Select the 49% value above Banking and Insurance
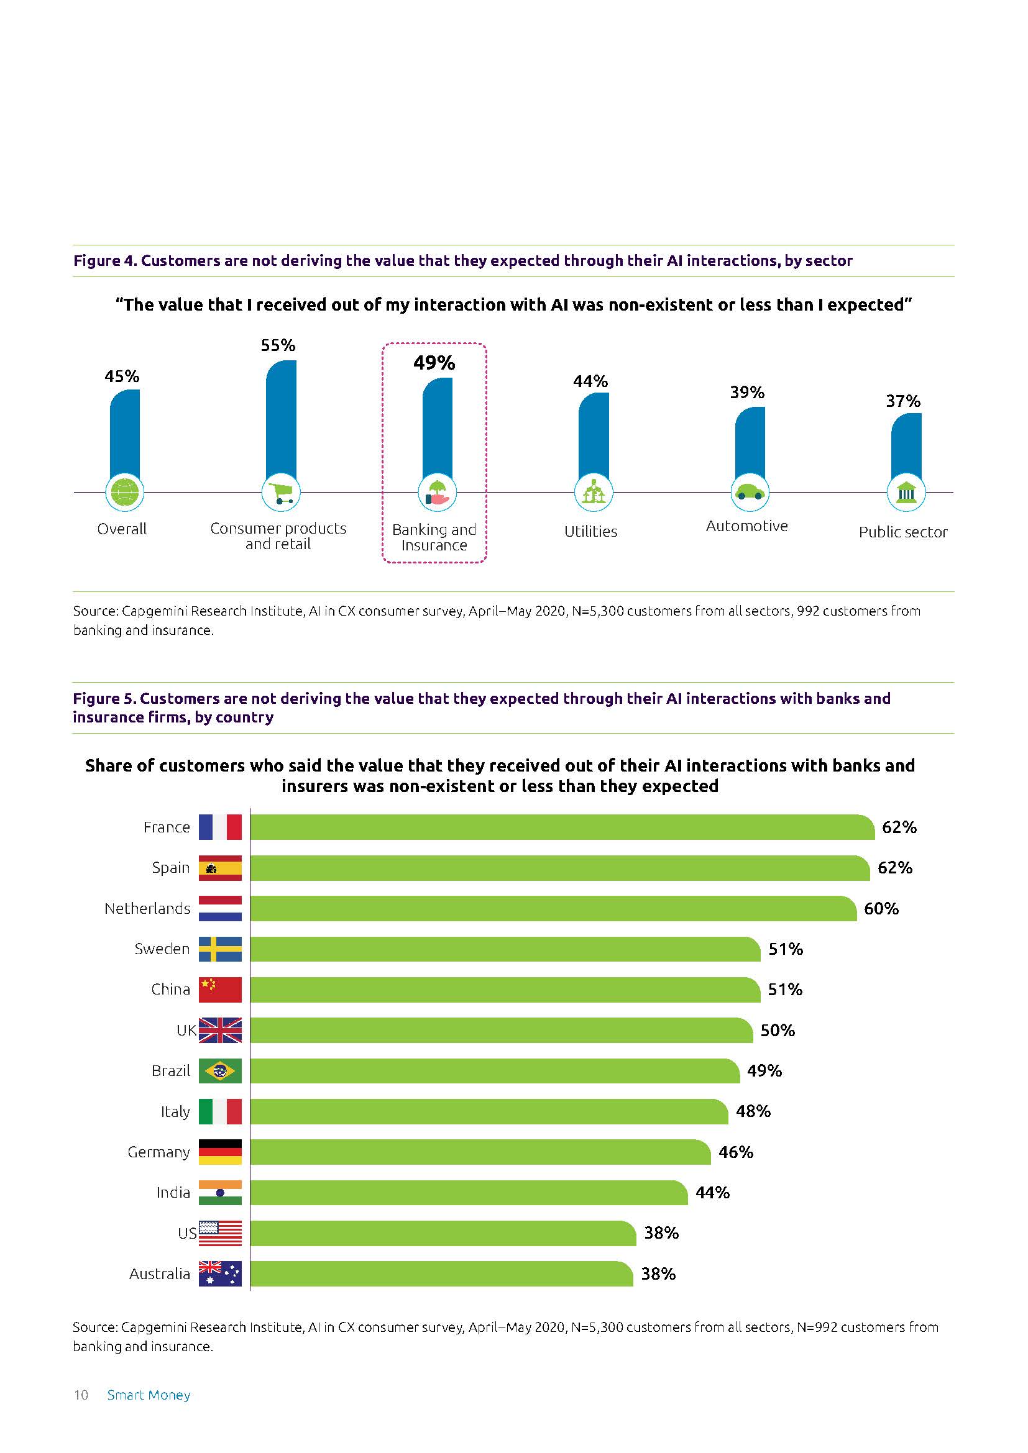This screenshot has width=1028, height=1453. pyautogui.click(x=434, y=363)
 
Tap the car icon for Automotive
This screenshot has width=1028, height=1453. pyautogui.click(x=750, y=492)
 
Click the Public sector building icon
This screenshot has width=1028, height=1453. pyautogui.click(x=906, y=492)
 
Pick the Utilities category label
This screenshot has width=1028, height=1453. pyautogui.click(x=590, y=532)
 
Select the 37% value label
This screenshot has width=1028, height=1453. pyautogui.click(x=902, y=401)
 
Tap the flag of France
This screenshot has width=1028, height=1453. pyautogui.click(x=219, y=827)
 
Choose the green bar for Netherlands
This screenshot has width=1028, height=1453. pyautogui.click(x=554, y=908)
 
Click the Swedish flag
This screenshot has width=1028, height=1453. pyautogui.click(x=219, y=949)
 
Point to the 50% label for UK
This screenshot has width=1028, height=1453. pyautogui.click(x=778, y=1030)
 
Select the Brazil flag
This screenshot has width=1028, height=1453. pyautogui.click(x=219, y=1071)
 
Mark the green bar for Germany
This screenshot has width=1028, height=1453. pyautogui.click(x=481, y=1152)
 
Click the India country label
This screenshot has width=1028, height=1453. pyautogui.click(x=173, y=1192)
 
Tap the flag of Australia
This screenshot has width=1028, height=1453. pyautogui.click(x=219, y=1273)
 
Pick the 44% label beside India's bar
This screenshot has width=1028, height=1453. pyautogui.click(x=712, y=1192)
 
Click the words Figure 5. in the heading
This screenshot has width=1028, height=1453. pyautogui.click(x=104, y=699)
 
